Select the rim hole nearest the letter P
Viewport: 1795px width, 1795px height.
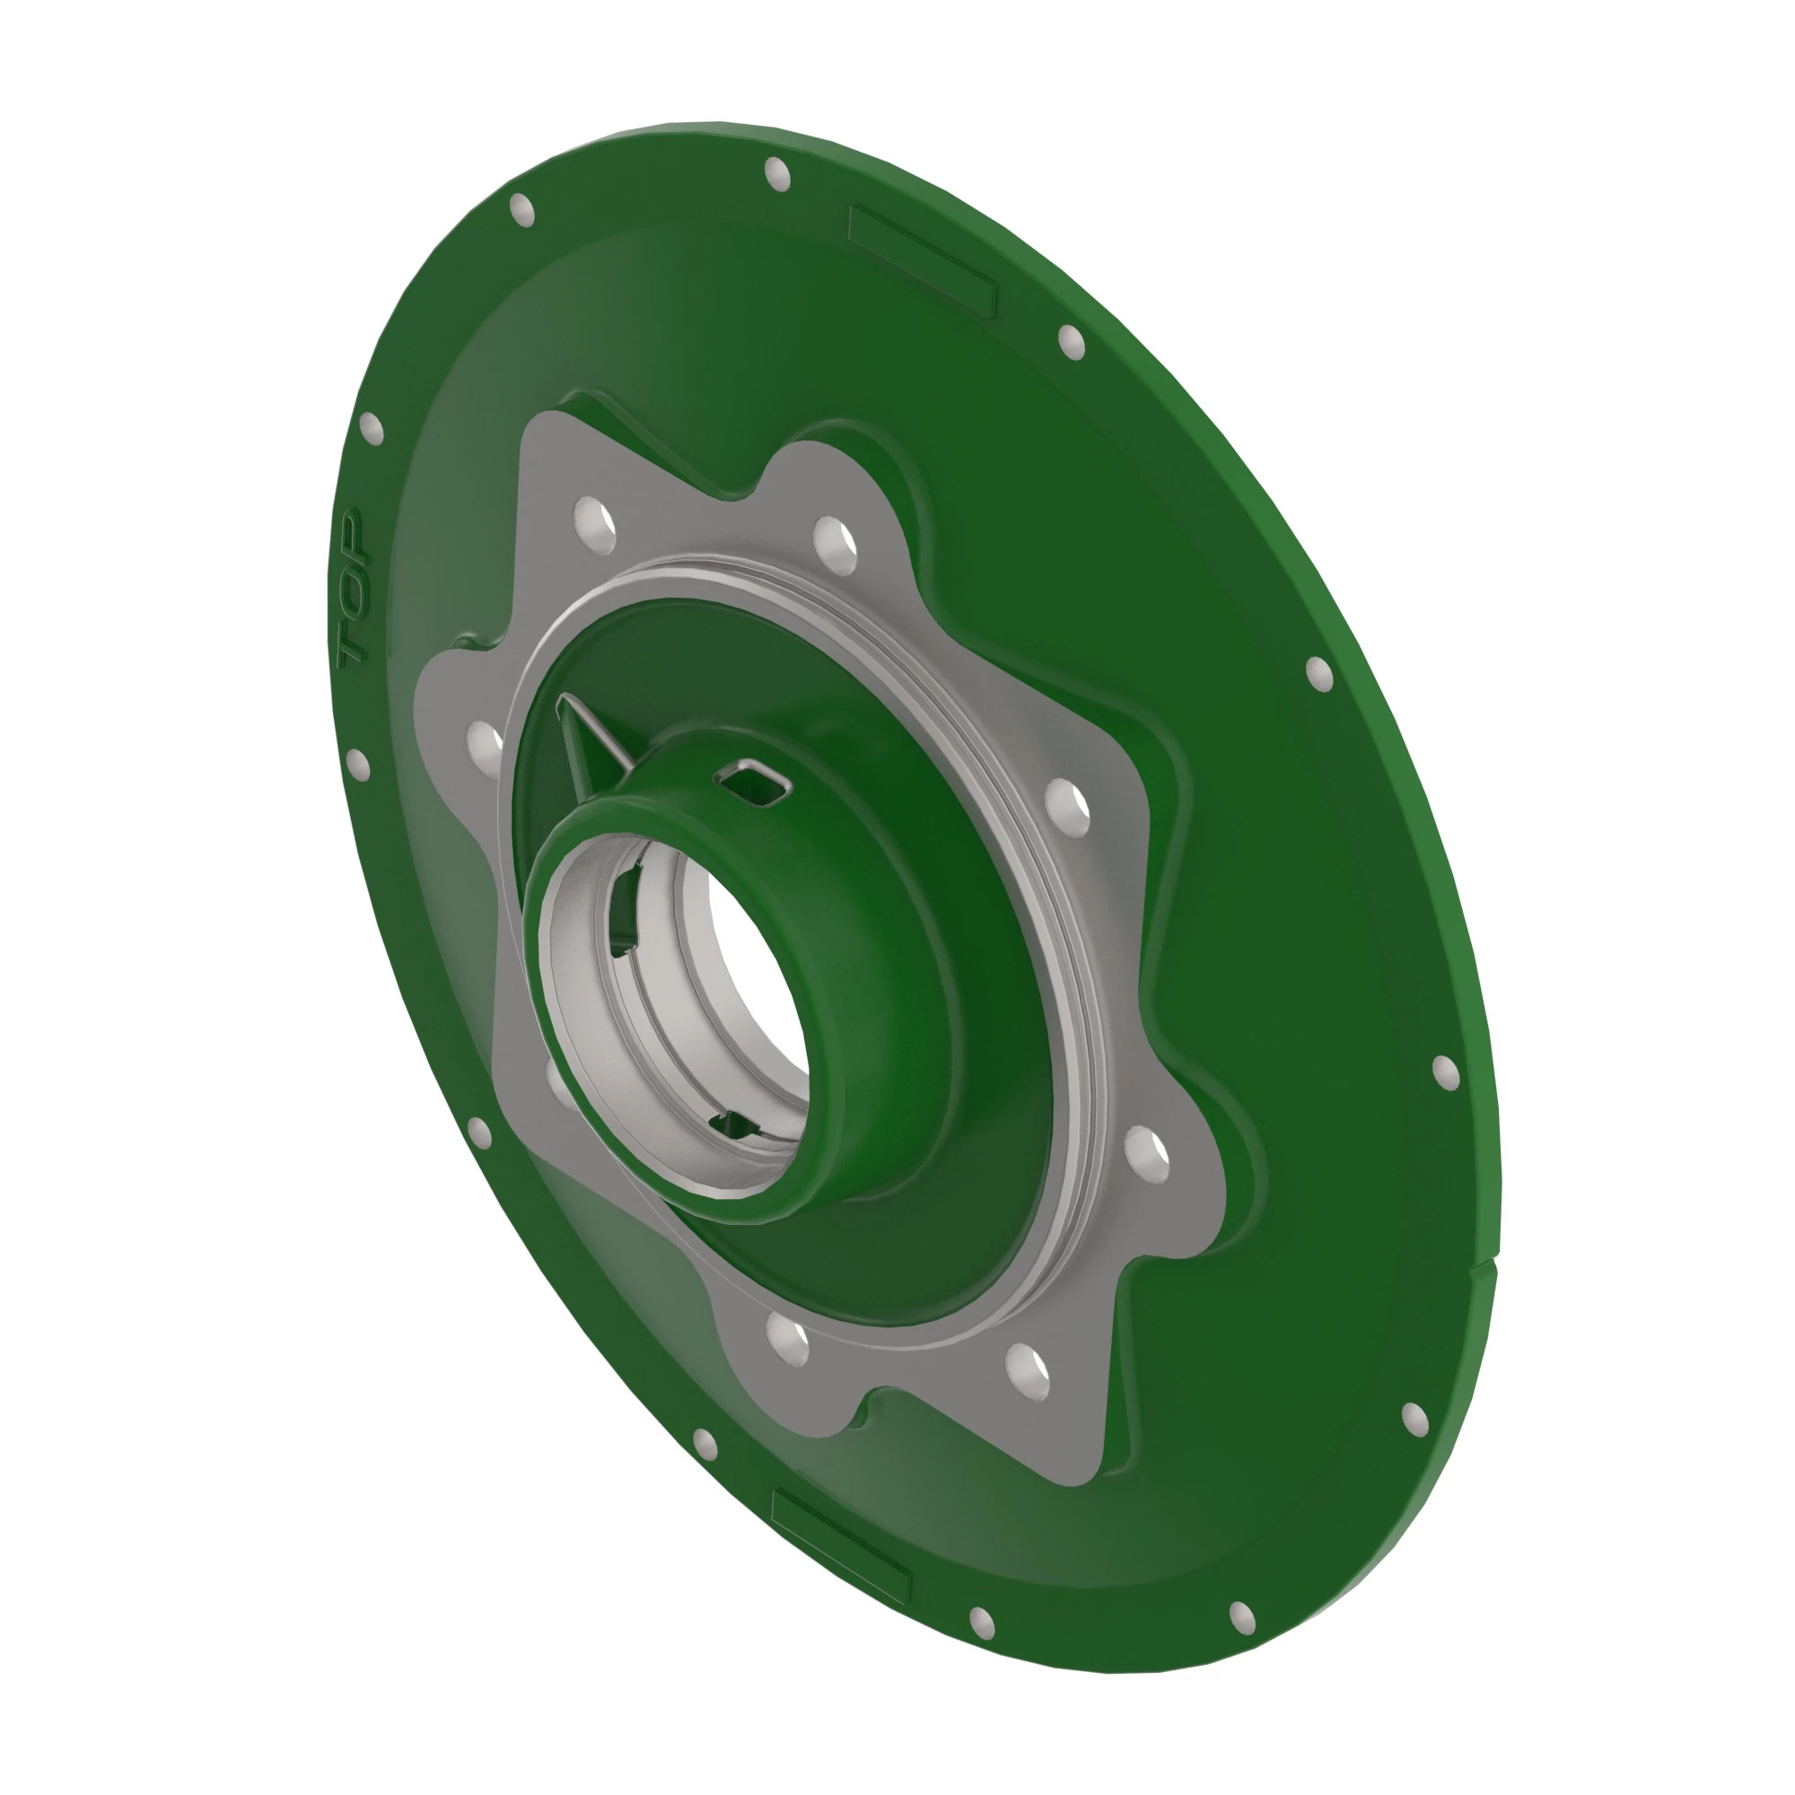pyautogui.click(x=371, y=427)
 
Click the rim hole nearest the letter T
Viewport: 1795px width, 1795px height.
pyautogui.click(x=357, y=765)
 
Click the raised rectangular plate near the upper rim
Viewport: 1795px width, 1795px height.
pyautogui.click(x=922, y=259)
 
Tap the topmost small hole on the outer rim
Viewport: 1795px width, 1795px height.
pyautogui.click(x=776, y=174)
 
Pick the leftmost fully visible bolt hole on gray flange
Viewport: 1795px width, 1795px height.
pyautogui.click(x=485, y=748)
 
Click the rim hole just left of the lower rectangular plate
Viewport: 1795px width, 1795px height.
pyautogui.click(x=705, y=1445)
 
